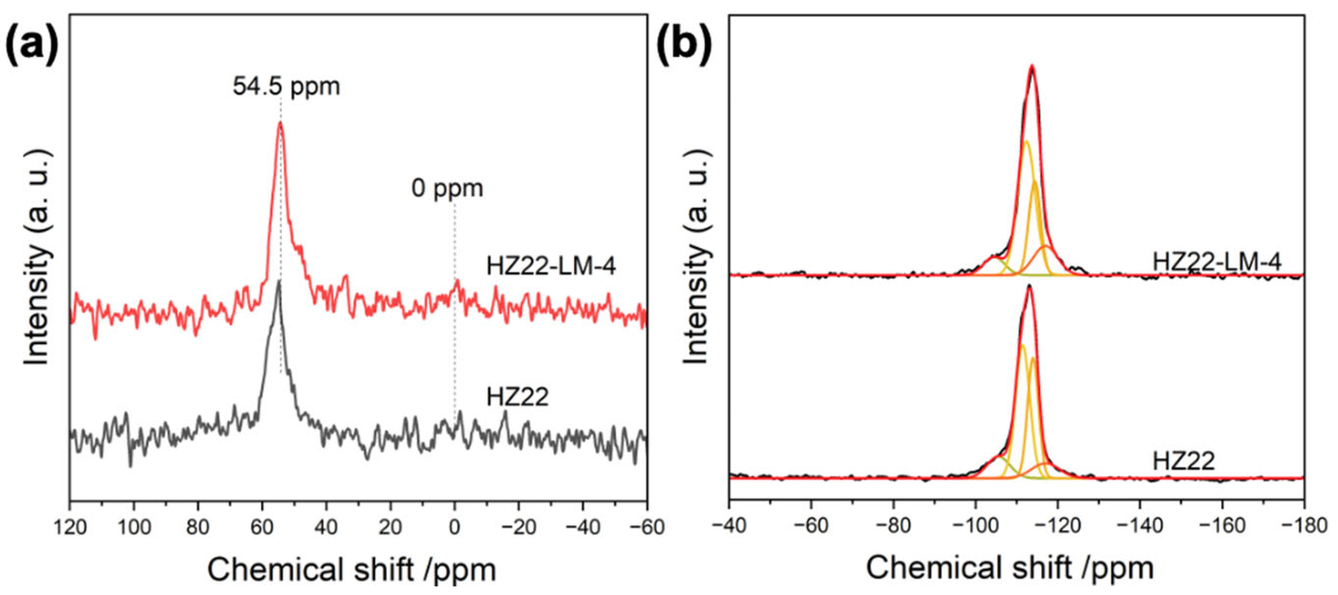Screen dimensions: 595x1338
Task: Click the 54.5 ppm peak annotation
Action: click(x=286, y=86)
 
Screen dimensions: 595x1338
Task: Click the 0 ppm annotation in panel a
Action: click(x=447, y=188)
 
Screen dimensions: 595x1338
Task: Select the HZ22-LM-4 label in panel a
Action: click(x=550, y=267)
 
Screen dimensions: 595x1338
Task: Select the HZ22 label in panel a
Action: click(x=517, y=398)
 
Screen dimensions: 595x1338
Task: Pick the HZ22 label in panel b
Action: click(x=1184, y=461)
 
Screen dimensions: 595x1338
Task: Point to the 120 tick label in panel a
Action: click(x=70, y=527)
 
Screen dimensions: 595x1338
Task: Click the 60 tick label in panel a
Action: click(x=262, y=527)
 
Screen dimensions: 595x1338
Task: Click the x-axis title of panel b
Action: click(x=1009, y=567)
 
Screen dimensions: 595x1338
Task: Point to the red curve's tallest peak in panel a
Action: click(x=280, y=123)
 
